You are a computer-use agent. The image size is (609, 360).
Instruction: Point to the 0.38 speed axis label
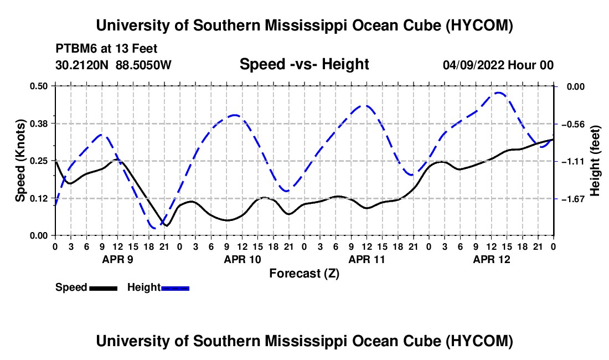tap(39, 124)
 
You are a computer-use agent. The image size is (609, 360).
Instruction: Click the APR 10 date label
tap(242, 259)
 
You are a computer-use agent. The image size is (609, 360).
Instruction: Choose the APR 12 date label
tap(491, 259)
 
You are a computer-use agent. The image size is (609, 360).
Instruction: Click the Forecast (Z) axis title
tap(304, 274)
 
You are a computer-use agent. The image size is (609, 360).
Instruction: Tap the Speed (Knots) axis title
tap(20, 161)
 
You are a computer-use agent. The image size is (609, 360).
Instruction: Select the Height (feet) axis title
tap(595, 161)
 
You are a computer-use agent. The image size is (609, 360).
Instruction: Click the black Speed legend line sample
tap(104, 289)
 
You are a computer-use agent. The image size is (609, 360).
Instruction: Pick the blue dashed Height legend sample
tap(175, 289)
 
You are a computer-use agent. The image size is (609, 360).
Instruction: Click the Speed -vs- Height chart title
tap(304, 64)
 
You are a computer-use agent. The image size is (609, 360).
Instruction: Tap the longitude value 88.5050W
tap(143, 65)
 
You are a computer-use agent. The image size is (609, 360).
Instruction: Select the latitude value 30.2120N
tap(82, 65)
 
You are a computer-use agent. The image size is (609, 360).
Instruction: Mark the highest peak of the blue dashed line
tap(499, 92)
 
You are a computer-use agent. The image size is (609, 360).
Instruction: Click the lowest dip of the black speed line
tap(167, 225)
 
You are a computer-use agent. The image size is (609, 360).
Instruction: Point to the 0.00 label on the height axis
tap(576, 86)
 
